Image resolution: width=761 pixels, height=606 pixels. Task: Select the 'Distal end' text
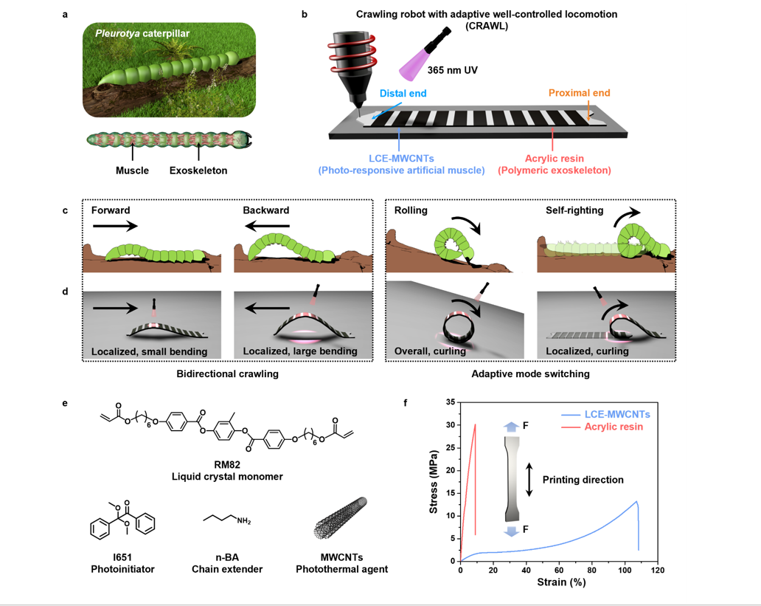(403, 93)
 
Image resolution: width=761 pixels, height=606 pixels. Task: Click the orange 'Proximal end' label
(578, 93)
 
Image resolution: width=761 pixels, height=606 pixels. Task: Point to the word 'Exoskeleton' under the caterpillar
(198, 171)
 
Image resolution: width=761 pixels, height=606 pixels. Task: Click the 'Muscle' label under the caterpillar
(133, 171)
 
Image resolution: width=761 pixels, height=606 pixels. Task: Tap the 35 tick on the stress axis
(451, 402)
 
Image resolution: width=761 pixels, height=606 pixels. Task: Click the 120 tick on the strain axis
(658, 571)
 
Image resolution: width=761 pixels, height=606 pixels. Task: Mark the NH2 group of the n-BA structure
(244, 522)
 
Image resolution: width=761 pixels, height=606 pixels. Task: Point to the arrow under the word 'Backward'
(265, 227)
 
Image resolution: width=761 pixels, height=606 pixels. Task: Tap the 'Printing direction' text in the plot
(583, 480)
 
